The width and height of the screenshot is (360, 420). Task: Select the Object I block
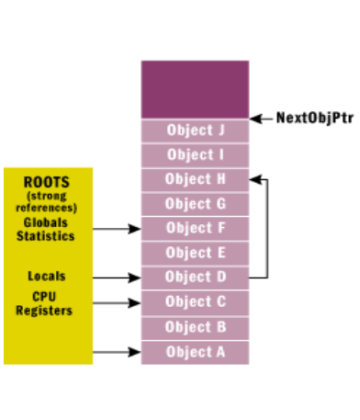coord(195,154)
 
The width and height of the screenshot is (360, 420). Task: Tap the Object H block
coord(195,179)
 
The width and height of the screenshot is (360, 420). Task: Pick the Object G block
coord(195,204)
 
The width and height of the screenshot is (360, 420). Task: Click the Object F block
coord(195,228)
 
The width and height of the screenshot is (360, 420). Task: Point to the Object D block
coord(195,277)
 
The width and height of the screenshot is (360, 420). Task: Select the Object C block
coord(195,301)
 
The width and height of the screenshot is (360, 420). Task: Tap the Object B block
coord(195,326)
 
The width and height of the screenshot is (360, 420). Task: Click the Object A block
coord(195,351)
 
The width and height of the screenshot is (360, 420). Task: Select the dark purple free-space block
coord(195,88)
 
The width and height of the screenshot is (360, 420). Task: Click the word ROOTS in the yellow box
coord(46,181)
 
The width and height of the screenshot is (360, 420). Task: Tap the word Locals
coord(46,276)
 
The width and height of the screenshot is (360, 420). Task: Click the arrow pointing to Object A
coord(118,351)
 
